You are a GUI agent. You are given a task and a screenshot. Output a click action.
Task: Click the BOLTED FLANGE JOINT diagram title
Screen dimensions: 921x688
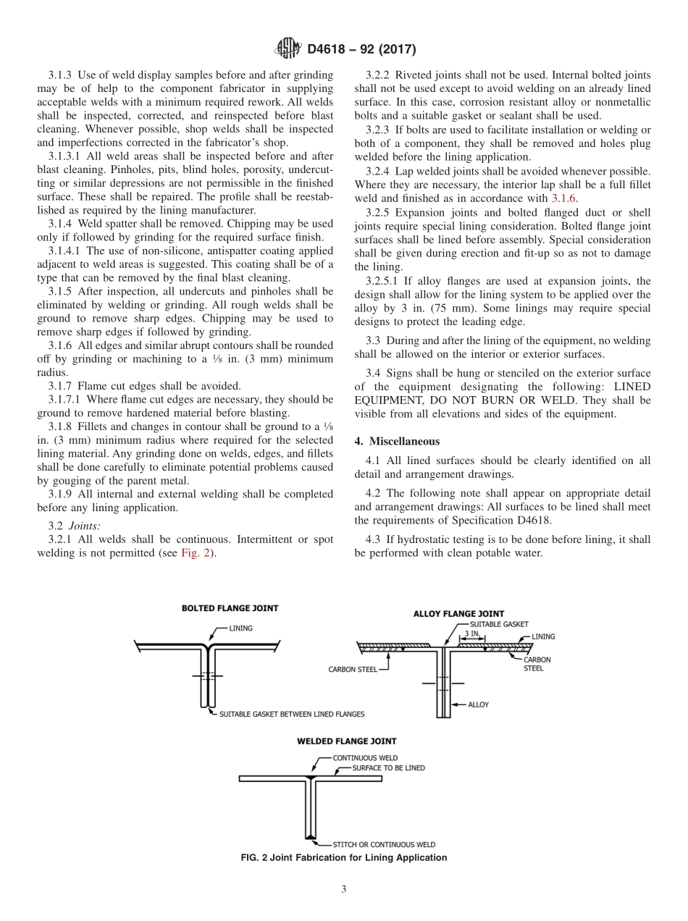point(230,608)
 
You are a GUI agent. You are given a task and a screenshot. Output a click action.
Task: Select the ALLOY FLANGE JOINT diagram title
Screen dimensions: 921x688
point(458,614)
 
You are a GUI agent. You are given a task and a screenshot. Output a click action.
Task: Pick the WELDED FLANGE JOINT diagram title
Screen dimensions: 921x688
point(346,741)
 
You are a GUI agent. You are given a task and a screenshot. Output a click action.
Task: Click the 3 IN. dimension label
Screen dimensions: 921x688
point(471,634)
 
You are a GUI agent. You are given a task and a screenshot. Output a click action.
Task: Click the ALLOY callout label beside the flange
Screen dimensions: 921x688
point(479,704)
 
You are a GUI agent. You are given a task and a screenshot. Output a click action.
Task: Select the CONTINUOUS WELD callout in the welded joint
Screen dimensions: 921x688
point(365,758)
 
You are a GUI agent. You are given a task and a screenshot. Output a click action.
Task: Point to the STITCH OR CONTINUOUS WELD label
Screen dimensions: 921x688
point(384,844)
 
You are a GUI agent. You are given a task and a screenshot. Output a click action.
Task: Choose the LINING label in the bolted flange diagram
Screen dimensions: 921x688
point(241,628)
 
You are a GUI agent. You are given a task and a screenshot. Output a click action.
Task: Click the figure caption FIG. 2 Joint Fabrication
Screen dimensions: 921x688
point(343,858)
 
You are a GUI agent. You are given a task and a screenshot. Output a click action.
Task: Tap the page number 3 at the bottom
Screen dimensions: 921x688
point(344,889)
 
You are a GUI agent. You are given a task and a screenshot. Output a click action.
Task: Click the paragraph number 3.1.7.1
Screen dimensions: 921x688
point(64,399)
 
